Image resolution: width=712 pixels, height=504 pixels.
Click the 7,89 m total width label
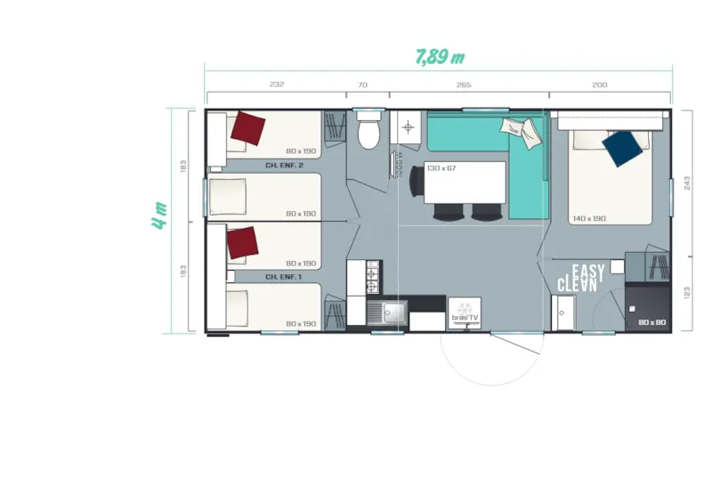(441, 57)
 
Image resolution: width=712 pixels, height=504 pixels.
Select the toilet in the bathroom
(367, 134)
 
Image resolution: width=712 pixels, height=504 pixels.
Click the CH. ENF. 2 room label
(285, 166)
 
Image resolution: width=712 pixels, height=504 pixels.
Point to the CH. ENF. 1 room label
(285, 277)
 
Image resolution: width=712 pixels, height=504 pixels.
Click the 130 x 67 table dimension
(441, 168)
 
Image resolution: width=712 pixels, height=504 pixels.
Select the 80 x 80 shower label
(651, 322)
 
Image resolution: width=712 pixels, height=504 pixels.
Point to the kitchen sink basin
(392, 313)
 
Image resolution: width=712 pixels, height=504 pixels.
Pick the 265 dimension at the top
(464, 85)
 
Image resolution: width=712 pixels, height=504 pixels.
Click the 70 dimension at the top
(362, 85)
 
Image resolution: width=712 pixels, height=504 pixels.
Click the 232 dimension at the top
(276, 85)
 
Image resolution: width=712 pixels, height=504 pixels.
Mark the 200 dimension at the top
(599, 85)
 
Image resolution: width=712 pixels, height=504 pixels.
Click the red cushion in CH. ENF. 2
(247, 129)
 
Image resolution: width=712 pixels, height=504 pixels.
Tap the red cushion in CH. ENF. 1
(241, 242)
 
